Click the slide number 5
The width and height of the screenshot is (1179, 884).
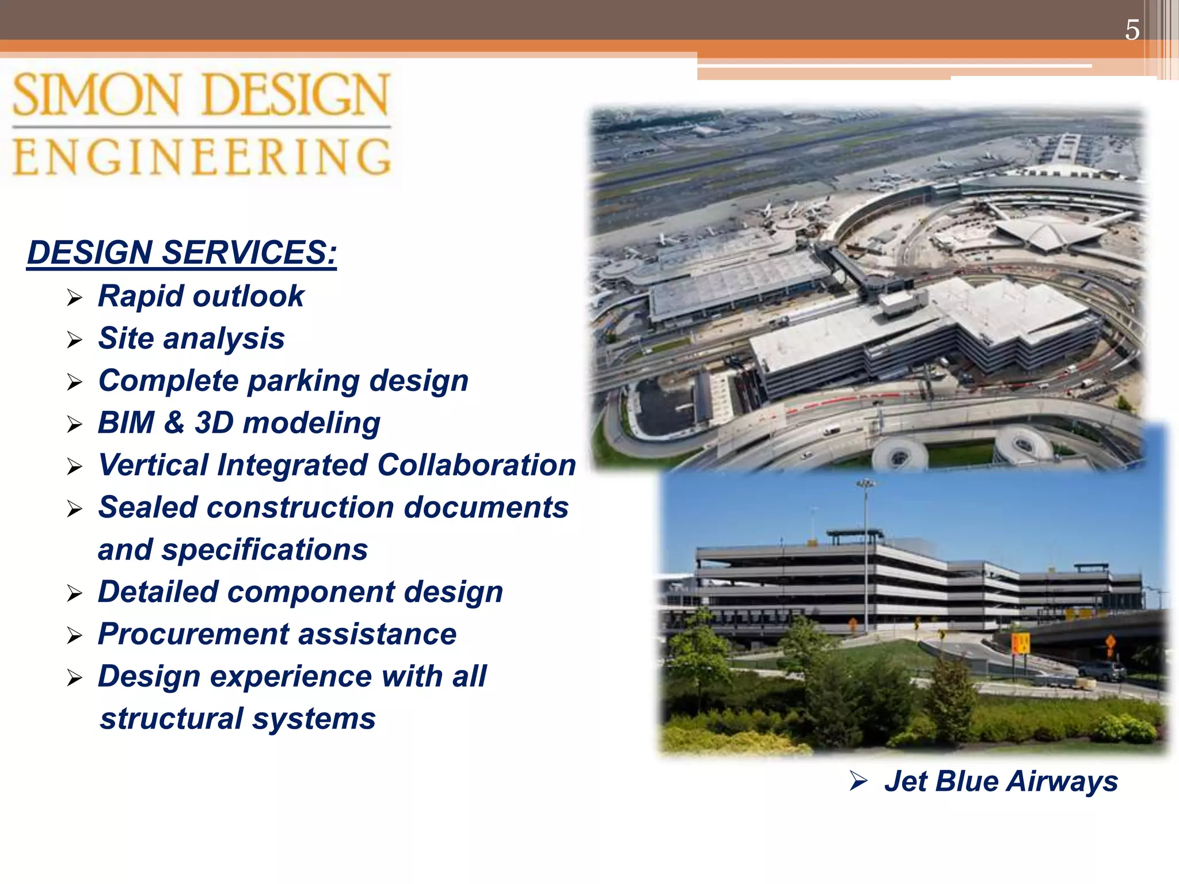[1132, 30]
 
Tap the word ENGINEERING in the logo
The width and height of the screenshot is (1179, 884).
[201, 157]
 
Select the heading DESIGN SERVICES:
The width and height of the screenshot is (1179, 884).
[182, 253]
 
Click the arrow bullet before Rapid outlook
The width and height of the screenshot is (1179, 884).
[75, 298]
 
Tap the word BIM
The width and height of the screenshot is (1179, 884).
[126, 422]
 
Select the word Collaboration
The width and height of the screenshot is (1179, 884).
[477, 465]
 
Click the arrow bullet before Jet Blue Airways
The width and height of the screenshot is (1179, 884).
[858, 781]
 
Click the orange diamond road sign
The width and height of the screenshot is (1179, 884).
[1110, 641]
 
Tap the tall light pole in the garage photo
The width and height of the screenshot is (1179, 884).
[865, 552]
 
